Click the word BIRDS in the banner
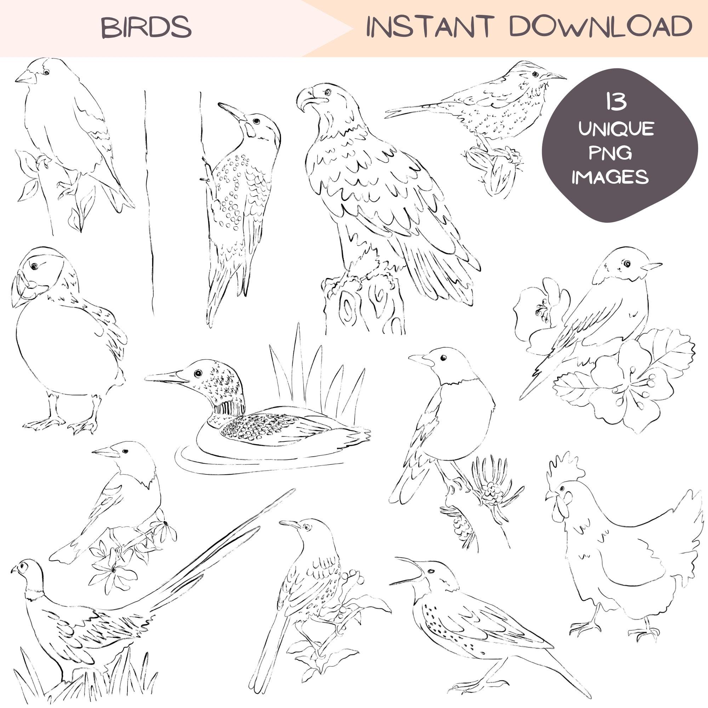[146, 28]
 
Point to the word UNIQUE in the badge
[616, 129]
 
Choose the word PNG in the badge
[610, 153]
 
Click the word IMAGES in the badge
[610, 177]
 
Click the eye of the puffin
[34, 267]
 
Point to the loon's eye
[198, 373]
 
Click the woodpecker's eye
[256, 121]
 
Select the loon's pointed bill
[164, 377]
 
